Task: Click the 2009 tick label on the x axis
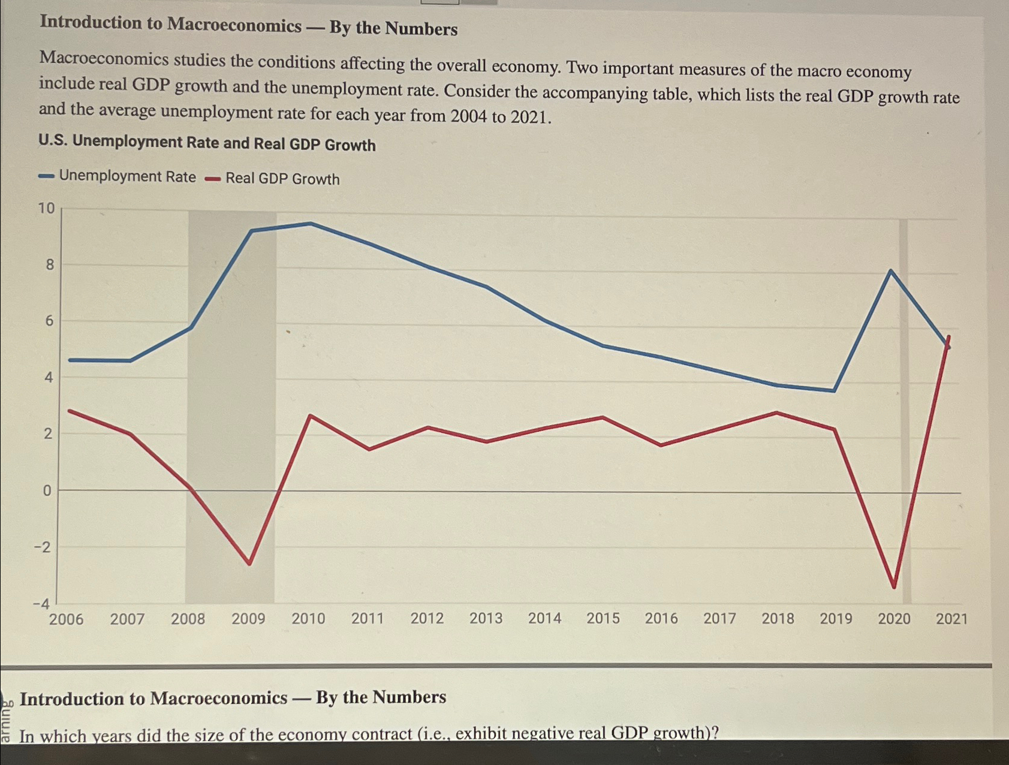248,618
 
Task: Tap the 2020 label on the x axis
894,618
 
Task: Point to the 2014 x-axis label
544,618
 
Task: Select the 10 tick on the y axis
46,208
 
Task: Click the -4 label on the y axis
41,604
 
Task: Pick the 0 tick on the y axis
47,490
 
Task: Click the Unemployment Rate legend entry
118,176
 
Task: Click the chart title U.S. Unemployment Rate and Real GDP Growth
207,143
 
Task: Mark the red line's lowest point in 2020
894,586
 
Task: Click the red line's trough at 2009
249,564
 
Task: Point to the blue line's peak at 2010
311,224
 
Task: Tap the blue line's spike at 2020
891,271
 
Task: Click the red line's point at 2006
70,411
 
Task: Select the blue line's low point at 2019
834,391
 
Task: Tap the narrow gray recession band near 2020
904,408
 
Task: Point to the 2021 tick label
951,618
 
